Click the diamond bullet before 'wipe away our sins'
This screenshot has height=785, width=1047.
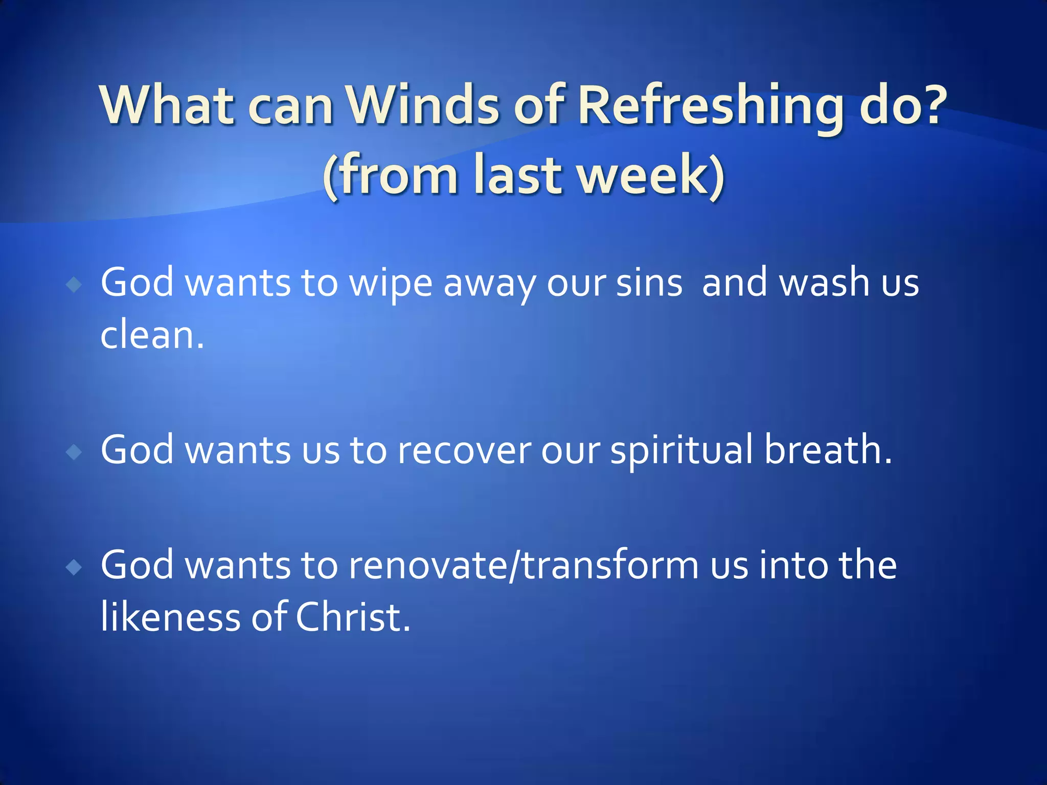tap(75, 285)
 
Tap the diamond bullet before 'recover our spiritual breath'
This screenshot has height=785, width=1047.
tap(75, 452)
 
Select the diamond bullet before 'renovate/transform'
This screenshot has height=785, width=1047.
tap(75, 567)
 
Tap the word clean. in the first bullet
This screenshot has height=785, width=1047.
tap(152, 336)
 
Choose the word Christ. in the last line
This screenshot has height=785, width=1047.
tap(353, 617)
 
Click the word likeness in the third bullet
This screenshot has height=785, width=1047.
tap(170, 617)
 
